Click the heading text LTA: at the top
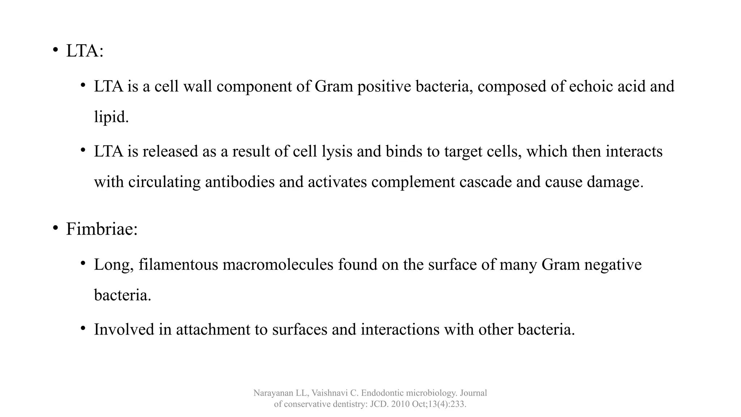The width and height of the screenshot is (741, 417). (85, 51)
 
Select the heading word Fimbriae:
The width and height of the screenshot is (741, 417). (102, 229)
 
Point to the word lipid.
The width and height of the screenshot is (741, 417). (111, 117)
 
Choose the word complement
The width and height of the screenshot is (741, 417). (413, 182)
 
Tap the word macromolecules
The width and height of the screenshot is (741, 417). (278, 265)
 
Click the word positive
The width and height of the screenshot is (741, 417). (384, 87)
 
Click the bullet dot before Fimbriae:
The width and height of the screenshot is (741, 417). (55, 228)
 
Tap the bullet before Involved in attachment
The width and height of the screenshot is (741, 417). (83, 328)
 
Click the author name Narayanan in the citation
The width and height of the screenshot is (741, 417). (273, 393)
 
